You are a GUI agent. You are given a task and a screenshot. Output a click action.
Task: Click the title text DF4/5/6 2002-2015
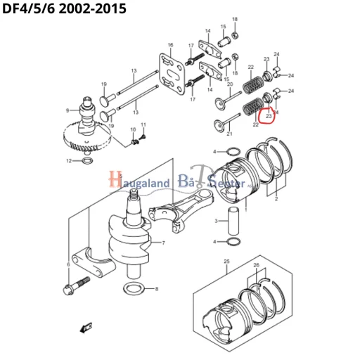pyautogui.click(x=64, y=10)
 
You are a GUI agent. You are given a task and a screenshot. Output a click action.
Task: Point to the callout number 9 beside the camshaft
pyautogui.click(x=67, y=110)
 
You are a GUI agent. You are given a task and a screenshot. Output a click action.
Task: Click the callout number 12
pyautogui.click(x=69, y=161)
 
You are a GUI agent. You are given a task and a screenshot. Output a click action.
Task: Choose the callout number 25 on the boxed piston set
pyautogui.click(x=226, y=262)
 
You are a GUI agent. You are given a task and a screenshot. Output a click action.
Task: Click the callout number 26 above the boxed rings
pyautogui.click(x=257, y=266)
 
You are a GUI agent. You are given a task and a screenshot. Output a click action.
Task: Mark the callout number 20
pyautogui.click(x=229, y=84)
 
